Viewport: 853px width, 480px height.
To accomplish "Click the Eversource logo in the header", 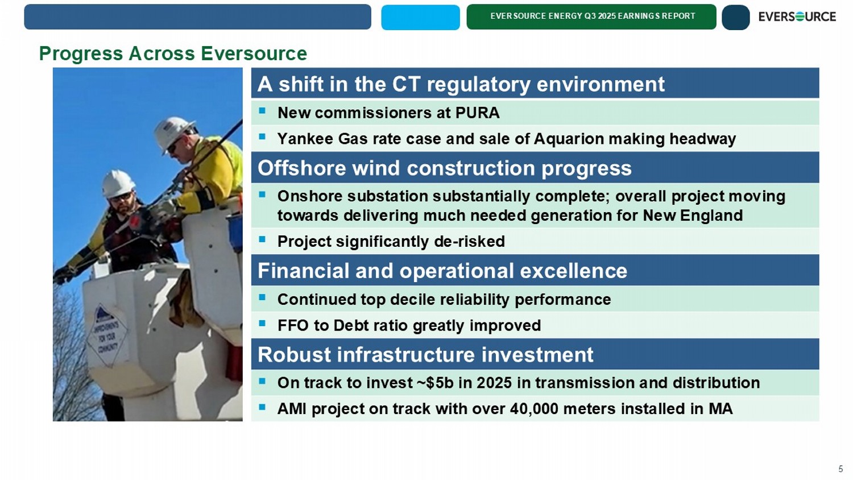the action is (x=797, y=16).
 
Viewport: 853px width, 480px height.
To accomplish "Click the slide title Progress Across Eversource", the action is (x=173, y=53).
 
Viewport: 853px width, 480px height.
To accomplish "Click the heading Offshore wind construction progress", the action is (x=444, y=168).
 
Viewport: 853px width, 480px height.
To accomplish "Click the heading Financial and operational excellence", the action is (x=442, y=271).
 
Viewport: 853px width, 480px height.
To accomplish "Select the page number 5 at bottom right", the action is (x=840, y=469).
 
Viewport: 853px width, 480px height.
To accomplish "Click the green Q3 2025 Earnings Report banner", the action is (x=591, y=16).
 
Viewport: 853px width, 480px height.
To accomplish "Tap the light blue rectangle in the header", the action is (x=420, y=17).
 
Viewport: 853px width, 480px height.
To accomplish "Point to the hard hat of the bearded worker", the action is (x=118, y=184).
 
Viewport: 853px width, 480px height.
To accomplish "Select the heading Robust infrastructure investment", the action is (x=425, y=355).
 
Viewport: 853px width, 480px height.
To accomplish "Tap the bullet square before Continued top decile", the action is (x=262, y=297).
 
